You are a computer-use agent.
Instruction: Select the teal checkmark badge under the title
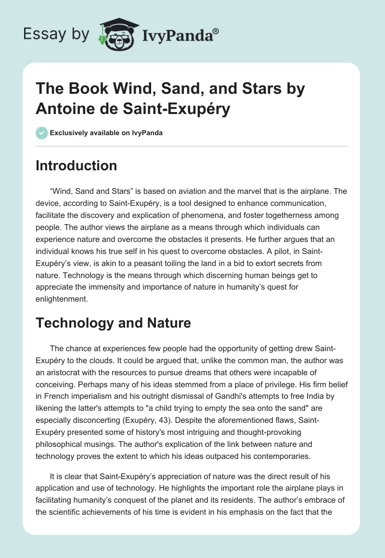click(42, 133)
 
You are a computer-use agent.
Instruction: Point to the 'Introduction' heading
click(77, 166)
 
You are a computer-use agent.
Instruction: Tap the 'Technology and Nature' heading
click(113, 323)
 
